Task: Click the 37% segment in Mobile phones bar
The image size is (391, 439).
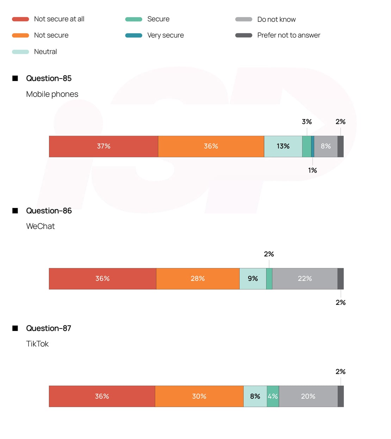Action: coord(104,146)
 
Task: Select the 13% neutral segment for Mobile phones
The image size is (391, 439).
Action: coord(283,146)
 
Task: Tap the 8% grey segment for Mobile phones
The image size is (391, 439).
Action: coord(325,146)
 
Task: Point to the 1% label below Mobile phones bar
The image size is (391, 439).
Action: coord(312,170)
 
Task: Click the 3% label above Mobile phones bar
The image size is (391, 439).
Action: coord(307,122)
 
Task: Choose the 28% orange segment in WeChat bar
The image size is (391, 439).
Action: coord(198,278)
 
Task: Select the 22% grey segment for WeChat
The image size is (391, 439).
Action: coord(305,278)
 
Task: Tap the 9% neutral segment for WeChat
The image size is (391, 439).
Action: coord(253,278)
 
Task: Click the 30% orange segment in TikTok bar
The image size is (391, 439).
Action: coord(199,396)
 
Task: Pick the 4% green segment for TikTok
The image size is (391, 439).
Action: coord(273,396)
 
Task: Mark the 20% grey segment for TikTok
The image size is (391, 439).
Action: coord(308,396)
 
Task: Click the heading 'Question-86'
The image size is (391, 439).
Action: coord(49,211)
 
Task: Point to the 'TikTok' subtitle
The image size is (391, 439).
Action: coord(37,344)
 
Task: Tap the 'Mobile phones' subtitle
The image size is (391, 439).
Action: coord(52,94)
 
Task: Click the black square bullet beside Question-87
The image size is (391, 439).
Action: coord(15,328)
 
